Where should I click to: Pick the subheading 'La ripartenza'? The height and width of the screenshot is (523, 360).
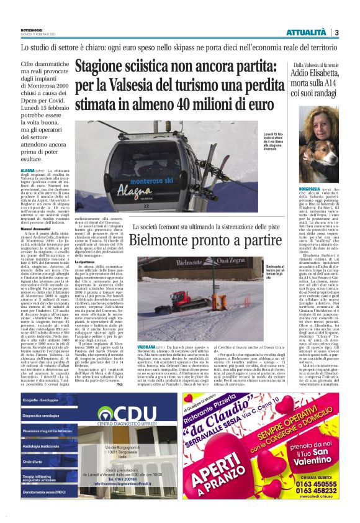[87, 262]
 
